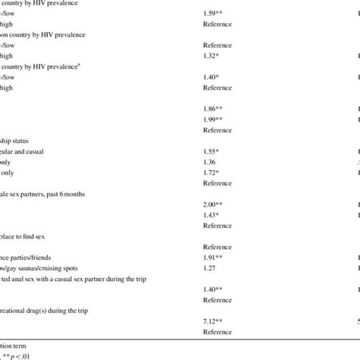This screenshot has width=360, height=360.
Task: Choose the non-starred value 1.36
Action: (212, 163)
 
